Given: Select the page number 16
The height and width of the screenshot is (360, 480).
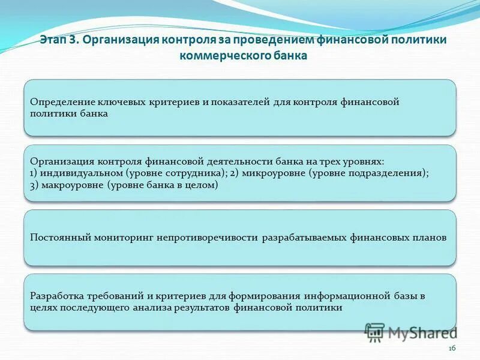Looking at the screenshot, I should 452,348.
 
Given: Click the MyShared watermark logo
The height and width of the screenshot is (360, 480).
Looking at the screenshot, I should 410,332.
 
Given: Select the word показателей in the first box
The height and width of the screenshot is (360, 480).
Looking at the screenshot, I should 239,102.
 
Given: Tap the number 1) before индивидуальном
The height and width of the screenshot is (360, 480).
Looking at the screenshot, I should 34,173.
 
